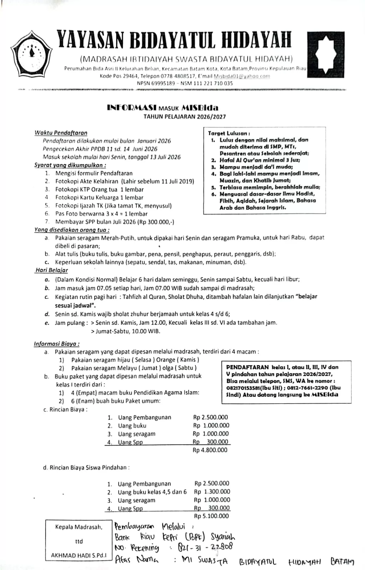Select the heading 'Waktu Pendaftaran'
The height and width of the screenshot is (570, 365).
[x=61, y=133]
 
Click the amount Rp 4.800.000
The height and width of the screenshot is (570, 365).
[x=210, y=450]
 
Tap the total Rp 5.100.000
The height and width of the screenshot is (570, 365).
[x=211, y=516]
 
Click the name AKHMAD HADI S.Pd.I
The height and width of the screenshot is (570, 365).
[x=79, y=555]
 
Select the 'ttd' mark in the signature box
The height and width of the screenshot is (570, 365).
[x=79, y=541]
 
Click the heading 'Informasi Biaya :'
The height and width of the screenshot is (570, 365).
[x=57, y=344]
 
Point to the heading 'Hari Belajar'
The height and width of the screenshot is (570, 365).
[x=52, y=270]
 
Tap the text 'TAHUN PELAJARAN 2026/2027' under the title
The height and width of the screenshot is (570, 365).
[x=185, y=116]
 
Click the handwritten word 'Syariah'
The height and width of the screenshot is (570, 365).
[x=223, y=537]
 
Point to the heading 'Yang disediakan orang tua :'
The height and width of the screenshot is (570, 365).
[x=72, y=230]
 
